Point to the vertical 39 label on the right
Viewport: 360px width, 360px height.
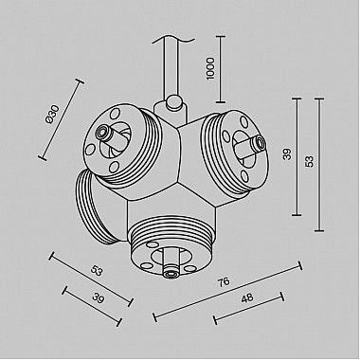click(286, 153)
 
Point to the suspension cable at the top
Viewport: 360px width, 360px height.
click(171, 62)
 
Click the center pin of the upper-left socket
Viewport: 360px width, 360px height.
click(112, 140)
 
